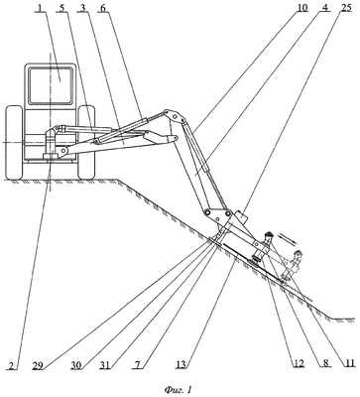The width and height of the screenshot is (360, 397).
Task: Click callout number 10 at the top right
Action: pos(301,8)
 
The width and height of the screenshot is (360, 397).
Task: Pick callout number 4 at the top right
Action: pos(324,8)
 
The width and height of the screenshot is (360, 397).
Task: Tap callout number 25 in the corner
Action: pos(345,8)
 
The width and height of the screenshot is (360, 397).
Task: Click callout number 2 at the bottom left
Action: pos(12,365)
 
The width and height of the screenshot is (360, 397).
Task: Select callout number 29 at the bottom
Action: pos(39,365)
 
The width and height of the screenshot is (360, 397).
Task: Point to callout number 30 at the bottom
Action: pos(76,365)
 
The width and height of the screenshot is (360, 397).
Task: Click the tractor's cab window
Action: pos(51,85)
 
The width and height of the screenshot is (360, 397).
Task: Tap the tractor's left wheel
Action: pos(14,143)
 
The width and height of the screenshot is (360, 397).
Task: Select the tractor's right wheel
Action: pos(86,143)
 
